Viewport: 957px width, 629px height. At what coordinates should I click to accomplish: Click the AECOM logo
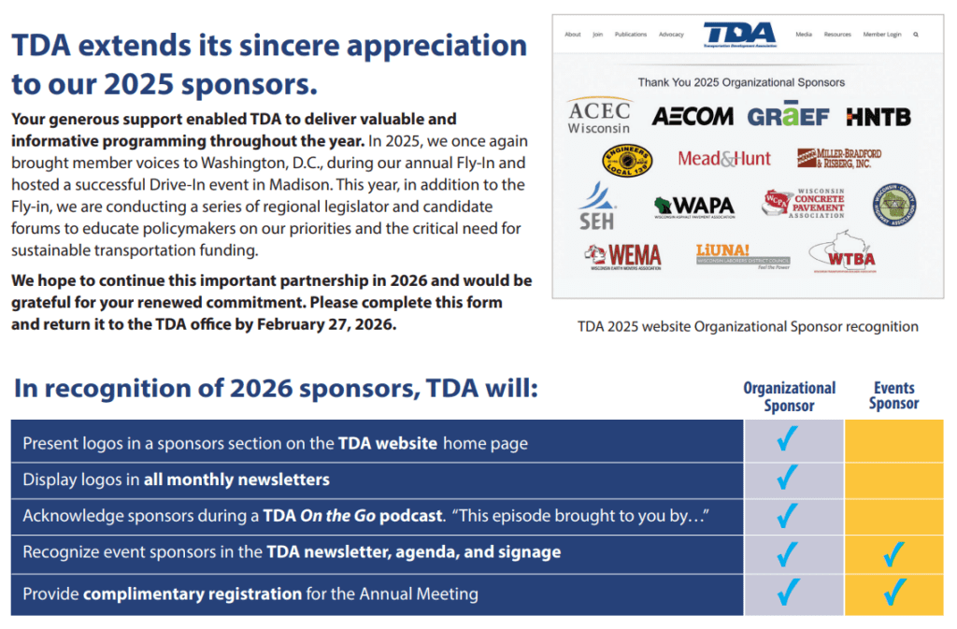[693, 117]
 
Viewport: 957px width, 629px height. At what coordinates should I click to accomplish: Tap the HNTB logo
[878, 117]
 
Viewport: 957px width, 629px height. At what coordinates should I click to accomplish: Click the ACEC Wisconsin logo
[599, 116]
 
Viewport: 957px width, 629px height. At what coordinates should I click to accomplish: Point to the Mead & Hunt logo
[724, 159]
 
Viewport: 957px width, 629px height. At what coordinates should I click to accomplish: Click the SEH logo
[596, 206]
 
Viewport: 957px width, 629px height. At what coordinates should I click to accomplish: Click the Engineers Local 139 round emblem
[627, 160]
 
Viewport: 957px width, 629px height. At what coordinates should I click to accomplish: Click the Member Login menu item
[882, 35]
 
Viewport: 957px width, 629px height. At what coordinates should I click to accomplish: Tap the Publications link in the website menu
[631, 35]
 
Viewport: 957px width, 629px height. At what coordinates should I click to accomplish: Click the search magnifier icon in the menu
[916, 35]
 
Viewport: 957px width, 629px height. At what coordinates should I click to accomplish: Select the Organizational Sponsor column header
[790, 396]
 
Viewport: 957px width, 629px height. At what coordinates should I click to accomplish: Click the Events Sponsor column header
[893, 395]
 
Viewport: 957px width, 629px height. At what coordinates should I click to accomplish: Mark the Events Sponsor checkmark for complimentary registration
[894, 593]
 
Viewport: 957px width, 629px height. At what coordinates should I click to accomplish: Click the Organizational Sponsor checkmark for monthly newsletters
[788, 479]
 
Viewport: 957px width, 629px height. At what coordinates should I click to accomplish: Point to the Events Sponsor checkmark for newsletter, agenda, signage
[894, 554]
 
